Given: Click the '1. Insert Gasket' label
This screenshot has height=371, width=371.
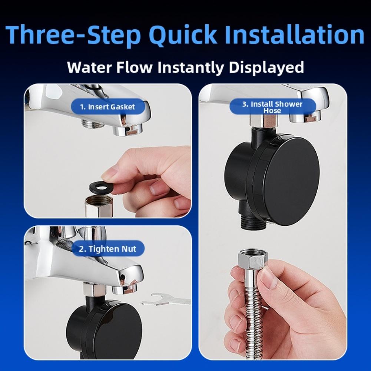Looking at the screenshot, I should pyautogui.click(x=107, y=107).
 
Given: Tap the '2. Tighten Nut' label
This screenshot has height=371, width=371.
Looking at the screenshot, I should pyautogui.click(x=107, y=249).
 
